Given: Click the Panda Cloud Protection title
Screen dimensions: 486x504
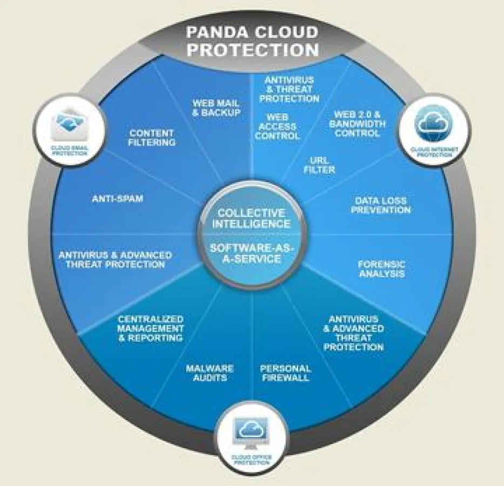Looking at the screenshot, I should [x=252, y=40].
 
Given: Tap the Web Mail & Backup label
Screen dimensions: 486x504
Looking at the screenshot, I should [x=216, y=107].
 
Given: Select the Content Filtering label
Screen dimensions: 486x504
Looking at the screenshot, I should [x=152, y=137].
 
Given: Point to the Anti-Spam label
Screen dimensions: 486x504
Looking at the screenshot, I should [x=117, y=199].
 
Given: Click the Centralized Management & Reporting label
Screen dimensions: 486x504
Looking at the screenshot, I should [x=151, y=328].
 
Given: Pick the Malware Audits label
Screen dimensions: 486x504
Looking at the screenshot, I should [x=210, y=373].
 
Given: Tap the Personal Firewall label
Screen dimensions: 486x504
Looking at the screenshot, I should [x=285, y=373].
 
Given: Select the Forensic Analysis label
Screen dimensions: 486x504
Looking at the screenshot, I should [x=381, y=269].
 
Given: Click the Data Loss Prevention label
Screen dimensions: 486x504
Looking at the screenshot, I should [x=381, y=205].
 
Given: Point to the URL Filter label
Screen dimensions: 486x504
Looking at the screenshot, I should [x=322, y=165].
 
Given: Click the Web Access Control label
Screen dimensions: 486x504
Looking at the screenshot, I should [x=277, y=126].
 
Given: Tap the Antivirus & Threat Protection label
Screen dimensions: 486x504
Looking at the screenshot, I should [x=289, y=89].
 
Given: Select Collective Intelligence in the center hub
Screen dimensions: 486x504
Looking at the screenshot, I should [x=251, y=218].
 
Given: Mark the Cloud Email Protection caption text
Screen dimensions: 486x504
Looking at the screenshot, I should [x=70, y=151].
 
